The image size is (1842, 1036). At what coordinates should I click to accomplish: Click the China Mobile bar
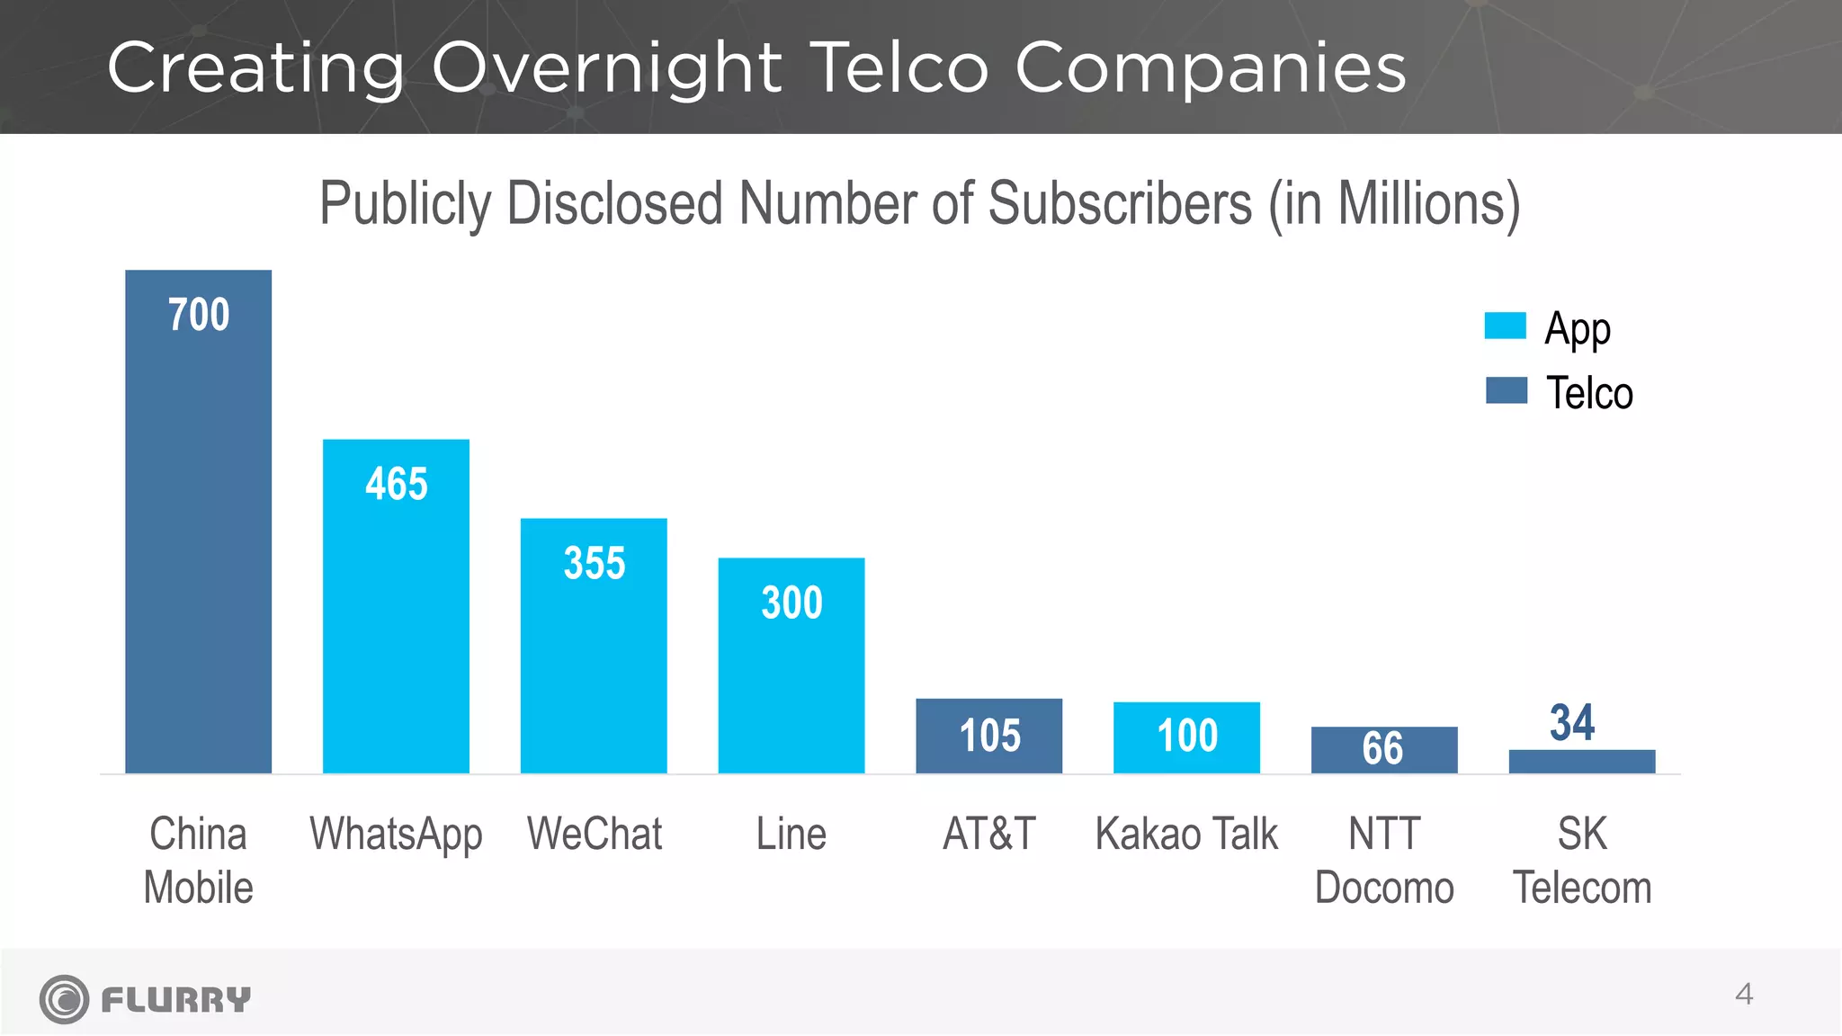198,540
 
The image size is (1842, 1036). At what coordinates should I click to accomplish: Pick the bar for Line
791,683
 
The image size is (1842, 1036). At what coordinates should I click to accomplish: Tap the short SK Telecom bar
1582,762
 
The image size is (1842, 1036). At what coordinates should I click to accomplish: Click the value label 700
199,315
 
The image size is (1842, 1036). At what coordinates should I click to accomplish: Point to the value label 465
397,484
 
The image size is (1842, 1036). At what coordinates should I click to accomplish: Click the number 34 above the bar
1572,722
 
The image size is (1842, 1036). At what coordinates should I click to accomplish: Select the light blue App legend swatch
1505,326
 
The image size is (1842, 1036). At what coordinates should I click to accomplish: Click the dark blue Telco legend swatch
1506,390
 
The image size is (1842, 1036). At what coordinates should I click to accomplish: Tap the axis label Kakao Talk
1186,834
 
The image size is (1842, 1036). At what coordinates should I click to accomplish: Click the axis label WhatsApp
396,835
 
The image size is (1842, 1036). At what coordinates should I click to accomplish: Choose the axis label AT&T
989,834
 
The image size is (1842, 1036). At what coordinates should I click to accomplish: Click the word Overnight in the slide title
606,68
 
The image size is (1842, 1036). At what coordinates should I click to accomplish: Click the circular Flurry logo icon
64,999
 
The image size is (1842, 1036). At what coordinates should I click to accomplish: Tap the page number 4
1744,995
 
